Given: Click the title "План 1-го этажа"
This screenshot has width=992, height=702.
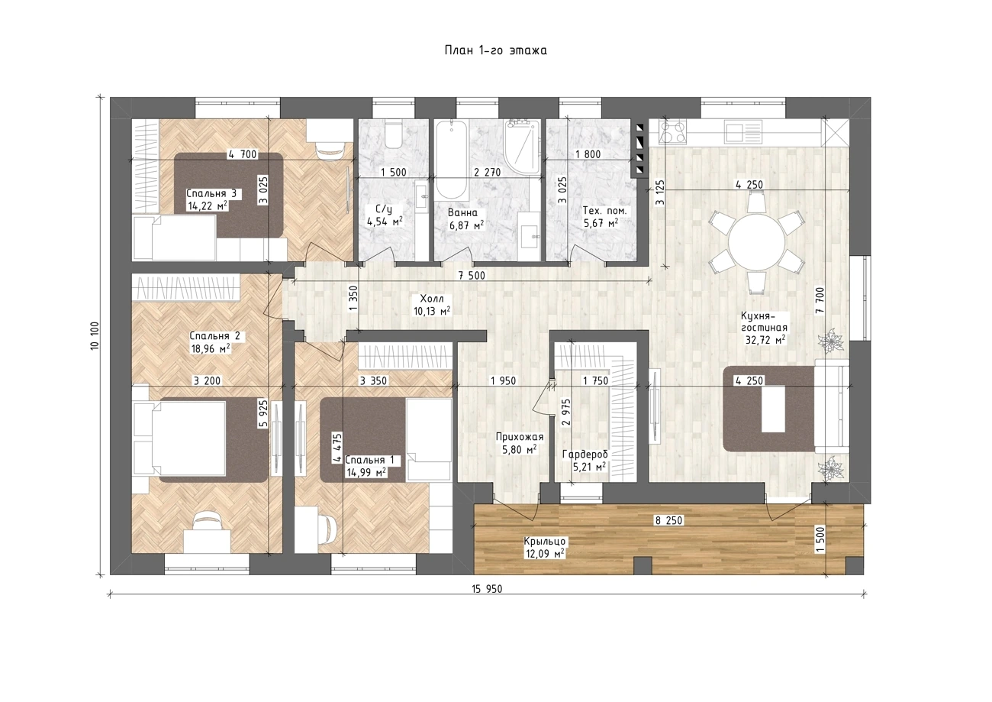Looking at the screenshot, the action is (x=495, y=50).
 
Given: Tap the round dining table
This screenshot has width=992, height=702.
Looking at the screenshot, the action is (x=757, y=242).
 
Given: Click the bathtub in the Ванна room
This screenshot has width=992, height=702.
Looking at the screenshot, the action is (x=451, y=160).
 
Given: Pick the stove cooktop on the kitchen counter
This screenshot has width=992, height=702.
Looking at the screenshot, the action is (x=673, y=132).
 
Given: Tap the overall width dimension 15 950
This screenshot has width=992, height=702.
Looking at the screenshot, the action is (x=487, y=589).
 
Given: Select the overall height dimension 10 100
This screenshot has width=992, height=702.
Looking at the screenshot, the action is (x=95, y=336).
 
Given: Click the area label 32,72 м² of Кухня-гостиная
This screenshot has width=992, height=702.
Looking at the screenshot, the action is (x=765, y=340).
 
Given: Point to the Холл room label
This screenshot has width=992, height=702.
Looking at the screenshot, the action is (x=432, y=298).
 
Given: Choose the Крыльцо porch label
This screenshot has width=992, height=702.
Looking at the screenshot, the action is (x=545, y=542).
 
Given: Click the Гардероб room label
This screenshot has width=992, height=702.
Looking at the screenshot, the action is (x=585, y=455).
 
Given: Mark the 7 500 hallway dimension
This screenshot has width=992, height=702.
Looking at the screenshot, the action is (x=472, y=276).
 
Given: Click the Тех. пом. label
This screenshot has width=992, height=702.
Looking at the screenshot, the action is (x=604, y=211).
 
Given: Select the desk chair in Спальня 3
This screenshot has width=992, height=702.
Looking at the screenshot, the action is (x=330, y=148).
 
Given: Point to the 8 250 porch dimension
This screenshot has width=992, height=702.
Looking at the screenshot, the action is (x=668, y=520).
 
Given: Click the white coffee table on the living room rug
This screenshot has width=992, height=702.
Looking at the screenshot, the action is (x=773, y=409).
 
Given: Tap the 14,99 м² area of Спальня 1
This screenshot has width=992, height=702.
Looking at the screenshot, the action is (x=366, y=473).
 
